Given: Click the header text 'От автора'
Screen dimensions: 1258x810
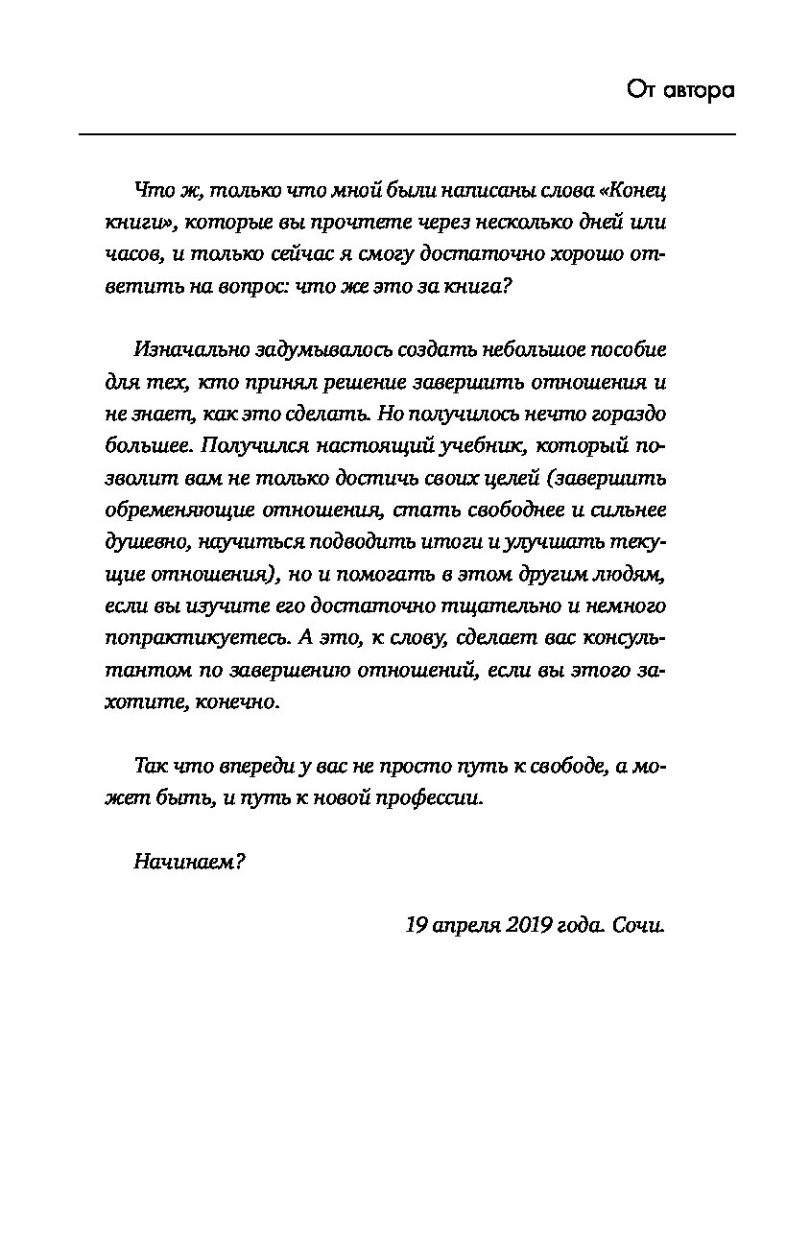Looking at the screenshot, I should tap(679, 90).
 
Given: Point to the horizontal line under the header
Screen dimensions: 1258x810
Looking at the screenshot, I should tap(407, 134).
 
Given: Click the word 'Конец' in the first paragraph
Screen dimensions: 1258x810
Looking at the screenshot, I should tap(631, 190).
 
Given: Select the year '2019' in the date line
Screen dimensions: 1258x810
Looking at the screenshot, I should tap(519, 926).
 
